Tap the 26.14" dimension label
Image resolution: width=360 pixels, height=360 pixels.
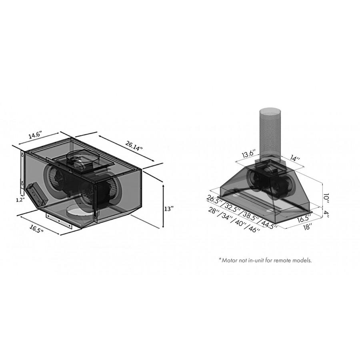[134, 145]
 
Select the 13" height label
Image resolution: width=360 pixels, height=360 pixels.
[169, 209]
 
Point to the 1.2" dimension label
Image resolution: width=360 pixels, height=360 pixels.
[20, 200]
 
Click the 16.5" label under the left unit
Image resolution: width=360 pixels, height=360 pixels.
[36, 229]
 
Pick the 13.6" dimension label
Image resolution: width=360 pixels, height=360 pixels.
[248, 154]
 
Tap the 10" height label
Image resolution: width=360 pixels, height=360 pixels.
[326, 198]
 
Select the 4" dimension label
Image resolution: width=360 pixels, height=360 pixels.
[326, 214]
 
